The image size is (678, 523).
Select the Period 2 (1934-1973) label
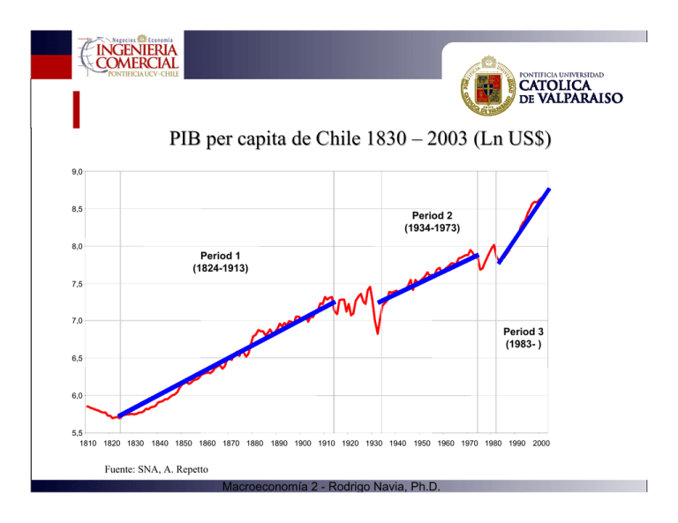pyautogui.click(x=432, y=221)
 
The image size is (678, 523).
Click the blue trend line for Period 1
pyautogui.click(x=225, y=360)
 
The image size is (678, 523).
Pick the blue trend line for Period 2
pyautogui.click(x=428, y=279)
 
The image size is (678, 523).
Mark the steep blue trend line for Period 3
pyautogui.click(x=525, y=224)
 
